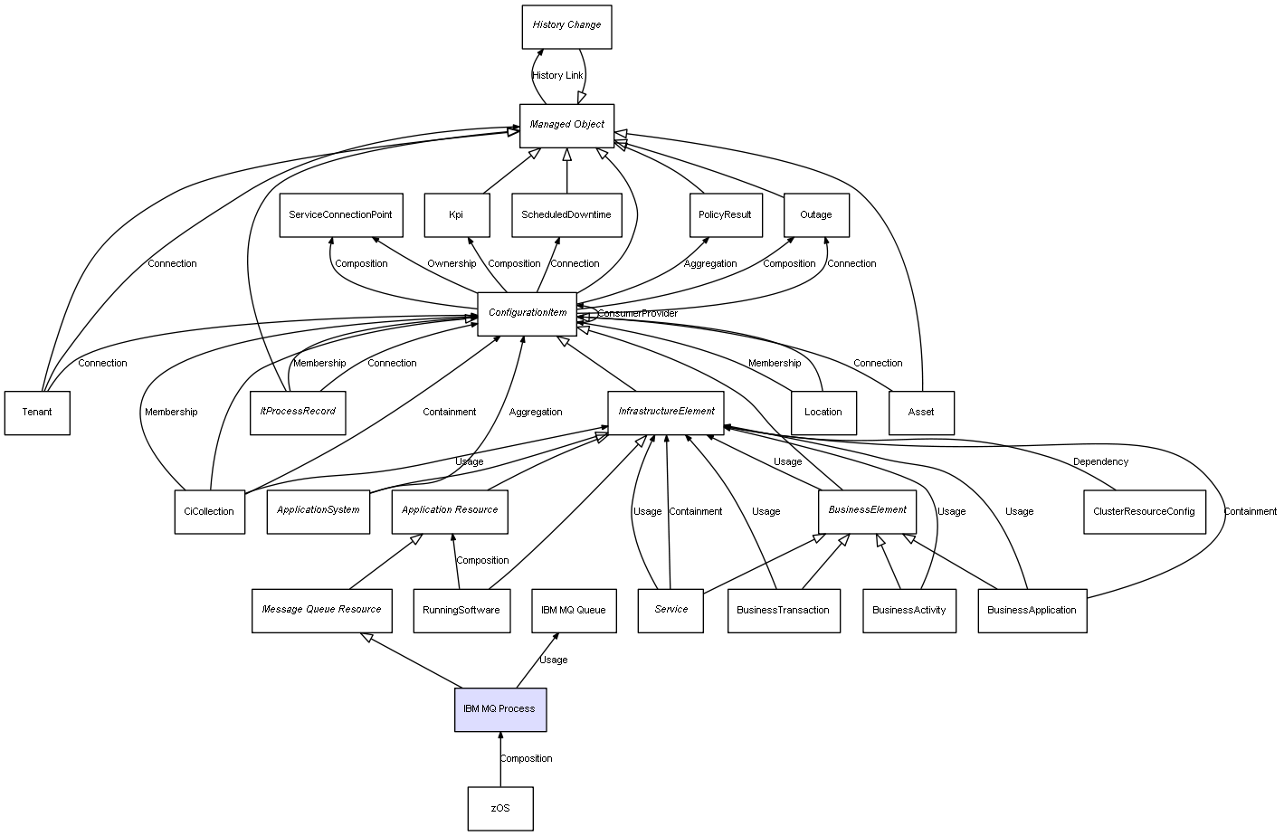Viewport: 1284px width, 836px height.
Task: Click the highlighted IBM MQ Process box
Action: (x=500, y=709)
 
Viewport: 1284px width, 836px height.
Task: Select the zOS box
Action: (x=500, y=808)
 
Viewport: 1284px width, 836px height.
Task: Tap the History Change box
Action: (x=566, y=25)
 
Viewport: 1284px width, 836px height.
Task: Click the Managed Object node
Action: (x=566, y=125)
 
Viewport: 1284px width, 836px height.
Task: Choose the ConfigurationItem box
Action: (x=527, y=313)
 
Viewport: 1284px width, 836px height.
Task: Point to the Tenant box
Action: (x=37, y=413)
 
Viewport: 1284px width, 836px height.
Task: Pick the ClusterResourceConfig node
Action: (x=1144, y=511)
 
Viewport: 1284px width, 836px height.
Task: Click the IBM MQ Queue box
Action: (x=574, y=610)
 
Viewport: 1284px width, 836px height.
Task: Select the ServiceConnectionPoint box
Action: (x=340, y=215)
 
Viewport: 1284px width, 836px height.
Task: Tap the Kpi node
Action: (x=456, y=215)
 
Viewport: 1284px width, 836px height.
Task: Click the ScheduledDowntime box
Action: (x=566, y=215)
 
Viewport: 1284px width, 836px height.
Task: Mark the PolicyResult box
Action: (x=725, y=215)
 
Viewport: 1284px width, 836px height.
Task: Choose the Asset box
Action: (x=921, y=413)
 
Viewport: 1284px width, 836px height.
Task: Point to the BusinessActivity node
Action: (x=908, y=610)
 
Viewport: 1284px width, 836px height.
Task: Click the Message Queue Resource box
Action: (x=322, y=610)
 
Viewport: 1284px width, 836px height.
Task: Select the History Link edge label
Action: (x=557, y=76)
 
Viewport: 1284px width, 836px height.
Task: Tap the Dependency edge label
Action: (x=1100, y=462)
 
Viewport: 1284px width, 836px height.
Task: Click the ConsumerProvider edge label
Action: (x=638, y=314)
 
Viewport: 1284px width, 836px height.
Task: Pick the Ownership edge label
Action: (x=452, y=264)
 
